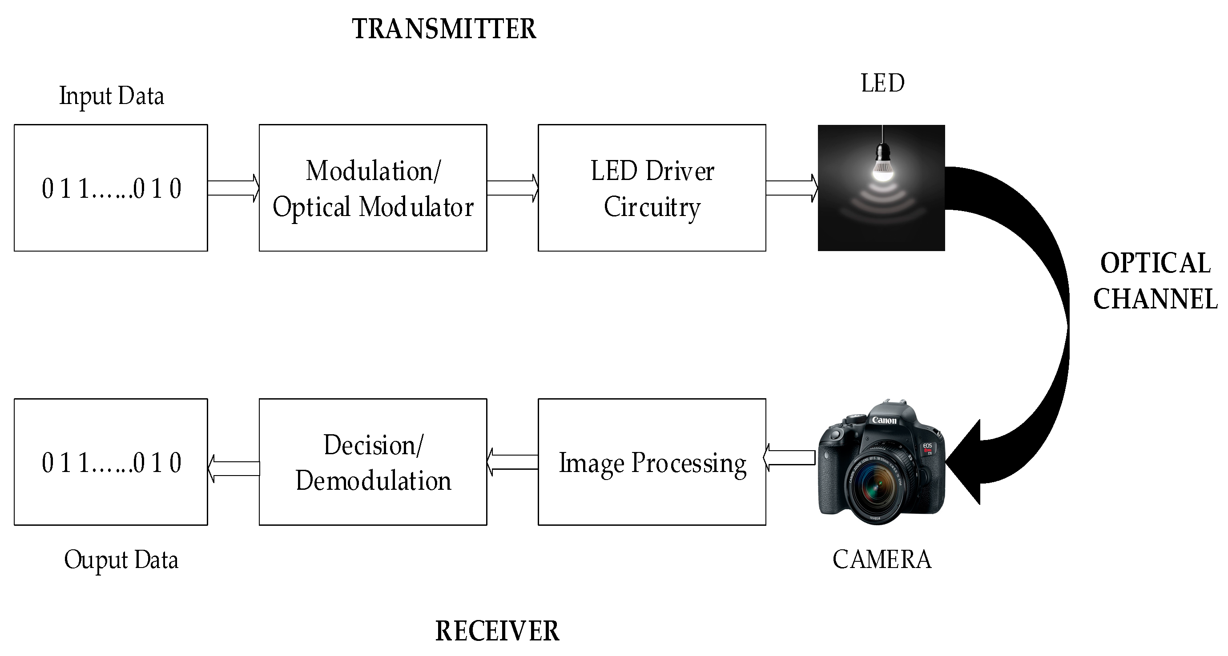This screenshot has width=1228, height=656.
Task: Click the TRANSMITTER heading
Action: pyautogui.click(x=444, y=29)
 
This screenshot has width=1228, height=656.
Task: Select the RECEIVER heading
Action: pyautogui.click(x=497, y=631)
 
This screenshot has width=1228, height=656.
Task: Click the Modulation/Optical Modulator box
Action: pyautogui.click(x=373, y=188)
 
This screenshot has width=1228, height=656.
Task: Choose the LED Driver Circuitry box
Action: pyautogui.click(x=652, y=188)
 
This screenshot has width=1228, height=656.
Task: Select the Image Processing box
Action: pyautogui.click(x=652, y=462)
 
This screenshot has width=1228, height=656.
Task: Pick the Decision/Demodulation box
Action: pyautogui.click(x=373, y=462)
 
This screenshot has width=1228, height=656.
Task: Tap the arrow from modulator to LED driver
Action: pyautogui.click(x=512, y=188)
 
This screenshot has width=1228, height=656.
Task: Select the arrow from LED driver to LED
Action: pyautogui.click(x=792, y=188)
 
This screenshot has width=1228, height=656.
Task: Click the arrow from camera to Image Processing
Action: pyautogui.click(x=789, y=458)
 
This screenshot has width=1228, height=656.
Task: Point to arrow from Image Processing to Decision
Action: pyautogui.click(x=512, y=462)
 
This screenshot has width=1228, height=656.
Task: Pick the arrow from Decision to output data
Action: pyautogui.click(x=234, y=468)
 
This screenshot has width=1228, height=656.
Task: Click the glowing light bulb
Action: pyautogui.click(x=882, y=164)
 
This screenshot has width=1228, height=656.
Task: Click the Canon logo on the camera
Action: pyautogui.click(x=884, y=420)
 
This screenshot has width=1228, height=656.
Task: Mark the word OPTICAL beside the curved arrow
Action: pyautogui.click(x=1156, y=263)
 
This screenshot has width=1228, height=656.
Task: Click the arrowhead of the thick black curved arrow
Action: pyautogui.click(x=965, y=462)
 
